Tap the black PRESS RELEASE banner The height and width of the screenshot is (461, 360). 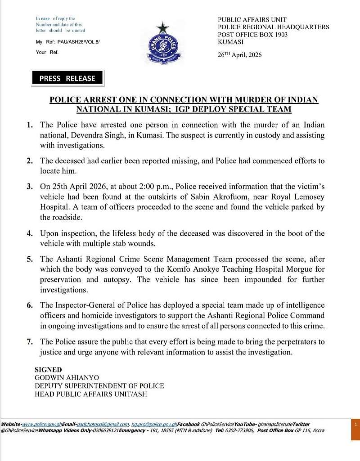67,78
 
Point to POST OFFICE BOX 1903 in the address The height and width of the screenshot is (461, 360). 252,35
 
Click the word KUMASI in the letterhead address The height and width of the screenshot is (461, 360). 231,42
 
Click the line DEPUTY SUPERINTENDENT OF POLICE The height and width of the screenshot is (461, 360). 99,386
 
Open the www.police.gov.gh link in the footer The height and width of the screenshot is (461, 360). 36,424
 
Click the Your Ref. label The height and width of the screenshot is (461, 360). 47,52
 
